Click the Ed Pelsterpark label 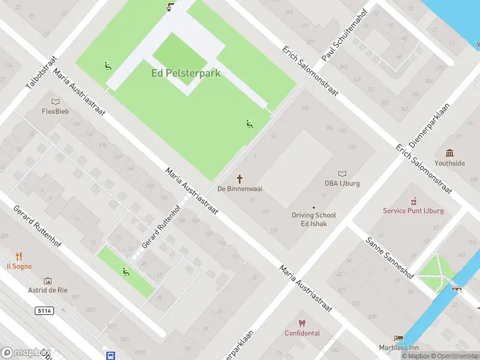185,73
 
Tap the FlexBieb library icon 55,102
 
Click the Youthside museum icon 449,153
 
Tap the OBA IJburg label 341,183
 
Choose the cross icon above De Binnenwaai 240,178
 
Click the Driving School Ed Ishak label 314,219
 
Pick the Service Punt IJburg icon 413,201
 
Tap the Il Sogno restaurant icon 19,256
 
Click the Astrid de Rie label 48,290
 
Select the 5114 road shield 44,311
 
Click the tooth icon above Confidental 302,323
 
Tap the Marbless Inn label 398,347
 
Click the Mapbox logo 25,352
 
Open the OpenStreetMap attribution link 454,356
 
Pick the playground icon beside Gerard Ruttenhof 125,271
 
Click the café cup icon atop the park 170,7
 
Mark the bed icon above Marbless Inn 398,338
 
